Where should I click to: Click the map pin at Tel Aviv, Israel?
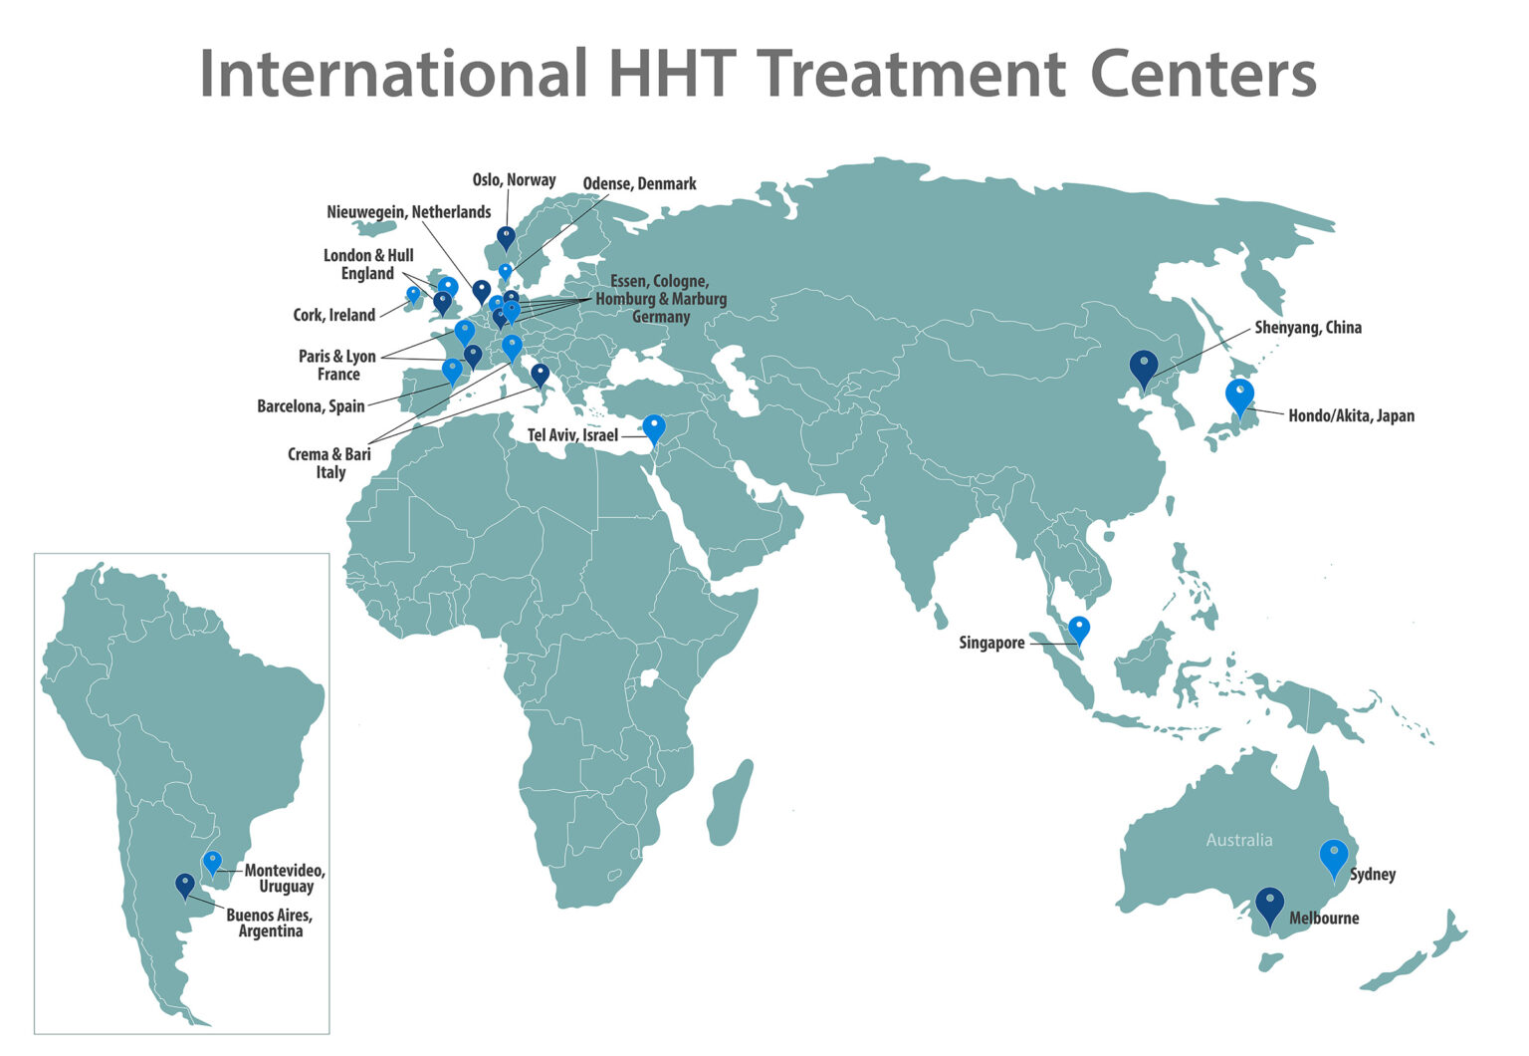[653, 427]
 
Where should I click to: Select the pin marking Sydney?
[1333, 857]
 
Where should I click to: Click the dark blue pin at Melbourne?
[1269, 905]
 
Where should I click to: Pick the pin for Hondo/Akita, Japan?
[1239, 396]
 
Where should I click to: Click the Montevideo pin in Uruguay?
[212, 862]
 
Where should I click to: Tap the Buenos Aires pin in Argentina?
[185, 884]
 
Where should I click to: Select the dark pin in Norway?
[506, 237]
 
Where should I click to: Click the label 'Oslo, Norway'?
[514, 180]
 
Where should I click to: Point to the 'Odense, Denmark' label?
[639, 184]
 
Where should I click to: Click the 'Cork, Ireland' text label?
[333, 315]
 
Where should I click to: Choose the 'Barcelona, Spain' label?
[311, 406]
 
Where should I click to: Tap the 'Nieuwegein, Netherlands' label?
[408, 212]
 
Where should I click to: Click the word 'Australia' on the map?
[1238, 840]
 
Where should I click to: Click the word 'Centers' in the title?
[1202, 74]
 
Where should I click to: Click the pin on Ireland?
[413, 295]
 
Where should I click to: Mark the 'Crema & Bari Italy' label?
[329, 463]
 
